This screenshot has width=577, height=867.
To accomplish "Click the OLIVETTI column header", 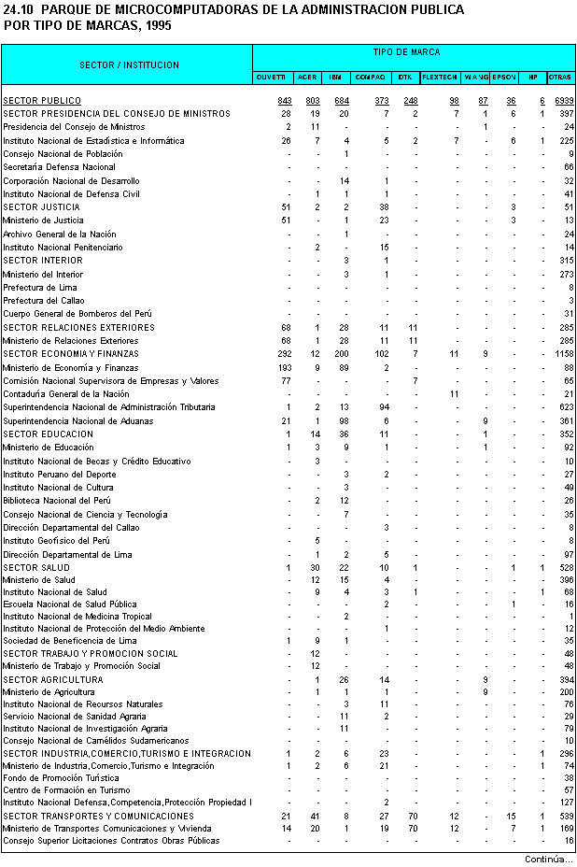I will click(x=271, y=77).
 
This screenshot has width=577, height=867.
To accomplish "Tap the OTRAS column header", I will click(x=561, y=77).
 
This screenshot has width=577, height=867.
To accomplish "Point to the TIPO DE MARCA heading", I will click(x=413, y=52).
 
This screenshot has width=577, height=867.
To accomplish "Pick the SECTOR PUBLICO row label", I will click(x=42, y=100).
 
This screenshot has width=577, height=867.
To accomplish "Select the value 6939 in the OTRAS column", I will click(x=563, y=100).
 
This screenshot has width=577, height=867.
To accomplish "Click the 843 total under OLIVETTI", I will click(x=285, y=100).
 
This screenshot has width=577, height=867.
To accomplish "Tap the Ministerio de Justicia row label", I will click(x=43, y=220).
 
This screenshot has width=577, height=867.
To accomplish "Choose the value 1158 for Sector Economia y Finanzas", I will click(x=562, y=354).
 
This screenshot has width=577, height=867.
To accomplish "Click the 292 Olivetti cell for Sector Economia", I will click(x=284, y=354).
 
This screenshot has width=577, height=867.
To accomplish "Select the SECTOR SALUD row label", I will click(x=36, y=568).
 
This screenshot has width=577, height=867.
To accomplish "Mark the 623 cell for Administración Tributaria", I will click(x=566, y=407).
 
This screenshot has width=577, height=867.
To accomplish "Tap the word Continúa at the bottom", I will click(x=547, y=859).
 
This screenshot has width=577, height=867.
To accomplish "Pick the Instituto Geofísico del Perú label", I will click(x=56, y=541).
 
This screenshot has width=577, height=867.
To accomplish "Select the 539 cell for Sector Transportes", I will click(x=566, y=816).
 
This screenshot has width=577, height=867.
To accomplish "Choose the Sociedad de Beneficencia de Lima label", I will click(x=70, y=641).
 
